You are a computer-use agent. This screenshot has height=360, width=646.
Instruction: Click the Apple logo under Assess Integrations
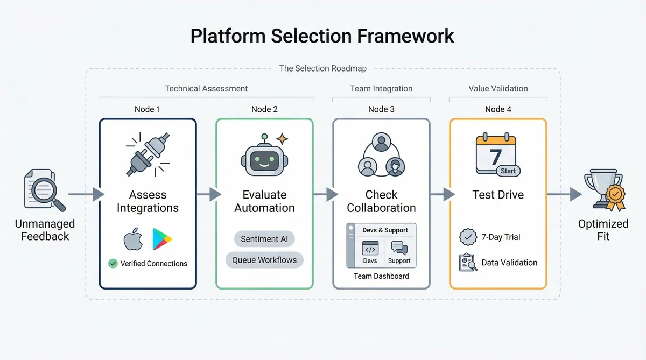pyautogui.click(x=133, y=239)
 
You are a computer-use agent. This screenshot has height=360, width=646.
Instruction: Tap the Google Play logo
pyautogui.click(x=161, y=239)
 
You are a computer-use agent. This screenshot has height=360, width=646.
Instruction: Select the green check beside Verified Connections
pyautogui.click(x=113, y=264)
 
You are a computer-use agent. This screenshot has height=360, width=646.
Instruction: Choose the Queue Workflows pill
pyautogui.click(x=264, y=260)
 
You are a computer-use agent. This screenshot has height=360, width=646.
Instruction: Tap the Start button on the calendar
pyautogui.click(x=508, y=171)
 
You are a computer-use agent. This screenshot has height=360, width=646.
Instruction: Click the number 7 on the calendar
pyautogui.click(x=495, y=158)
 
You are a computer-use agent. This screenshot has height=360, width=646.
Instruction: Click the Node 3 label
pyautogui.click(x=381, y=109)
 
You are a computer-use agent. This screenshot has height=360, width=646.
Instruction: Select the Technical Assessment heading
pyautogui.click(x=206, y=89)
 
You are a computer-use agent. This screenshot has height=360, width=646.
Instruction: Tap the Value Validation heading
pyautogui.click(x=498, y=89)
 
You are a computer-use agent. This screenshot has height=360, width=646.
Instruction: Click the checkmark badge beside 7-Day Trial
pyautogui.click(x=468, y=237)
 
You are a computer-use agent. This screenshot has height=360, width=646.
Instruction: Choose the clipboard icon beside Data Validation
pyautogui.click(x=467, y=263)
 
